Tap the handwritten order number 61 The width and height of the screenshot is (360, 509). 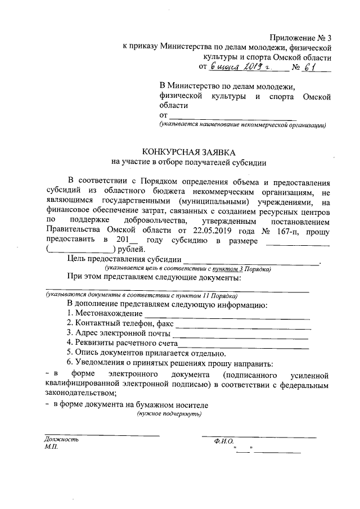[309, 68]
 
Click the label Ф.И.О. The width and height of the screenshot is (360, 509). [223, 442]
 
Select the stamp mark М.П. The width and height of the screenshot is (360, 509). [50, 448]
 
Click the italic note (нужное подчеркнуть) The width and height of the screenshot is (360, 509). [169, 414]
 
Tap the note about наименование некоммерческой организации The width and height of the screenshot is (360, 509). [242, 125]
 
